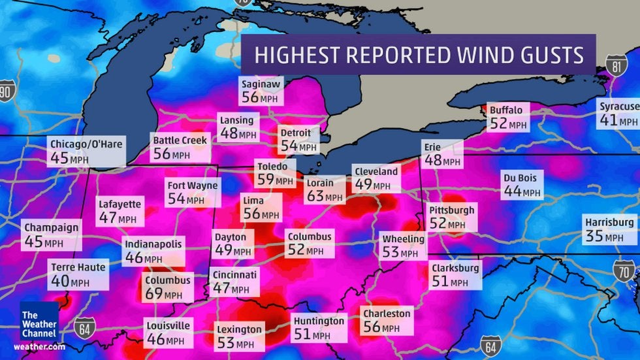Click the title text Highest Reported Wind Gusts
418,55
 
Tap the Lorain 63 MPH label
325,190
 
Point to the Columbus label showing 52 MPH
309,243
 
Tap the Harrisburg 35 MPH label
609,229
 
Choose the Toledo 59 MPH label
275,172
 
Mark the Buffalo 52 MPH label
507,117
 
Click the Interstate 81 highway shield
616,65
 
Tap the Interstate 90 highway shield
7,91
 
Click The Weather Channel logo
39,321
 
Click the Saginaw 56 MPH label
260,91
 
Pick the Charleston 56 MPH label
388,320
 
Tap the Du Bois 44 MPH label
522,185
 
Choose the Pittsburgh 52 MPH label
451,217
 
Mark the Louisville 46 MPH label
168,332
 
